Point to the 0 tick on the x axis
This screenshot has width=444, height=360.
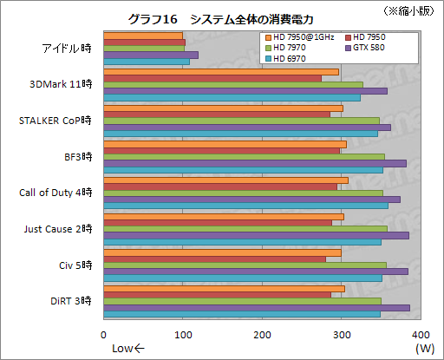104,335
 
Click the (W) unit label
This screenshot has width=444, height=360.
424,349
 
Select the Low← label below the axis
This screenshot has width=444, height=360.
128,349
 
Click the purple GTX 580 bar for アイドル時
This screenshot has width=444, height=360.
151,55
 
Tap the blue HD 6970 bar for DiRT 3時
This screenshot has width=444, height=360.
242,313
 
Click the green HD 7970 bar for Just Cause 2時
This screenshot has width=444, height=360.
245,228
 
